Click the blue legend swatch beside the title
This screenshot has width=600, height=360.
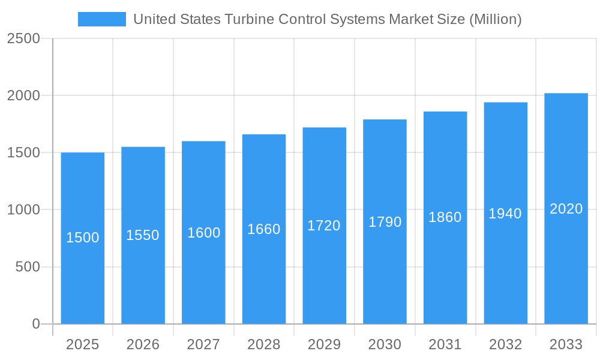[101, 19]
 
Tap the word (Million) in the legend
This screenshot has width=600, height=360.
[495, 19]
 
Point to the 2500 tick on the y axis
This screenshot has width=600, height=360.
[23, 39]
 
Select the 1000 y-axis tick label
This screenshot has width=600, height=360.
[23, 210]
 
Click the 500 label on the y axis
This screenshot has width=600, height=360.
[28, 267]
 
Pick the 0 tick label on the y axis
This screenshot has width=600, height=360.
[35, 324]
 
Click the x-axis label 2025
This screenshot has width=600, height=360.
[82, 344]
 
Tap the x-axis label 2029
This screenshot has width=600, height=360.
[324, 344]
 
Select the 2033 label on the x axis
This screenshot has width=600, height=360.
[566, 344]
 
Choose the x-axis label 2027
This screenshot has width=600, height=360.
[203, 344]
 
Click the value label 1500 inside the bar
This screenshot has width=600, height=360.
[82, 238]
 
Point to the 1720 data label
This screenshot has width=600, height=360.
[324, 226]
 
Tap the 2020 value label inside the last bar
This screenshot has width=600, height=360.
[566, 209]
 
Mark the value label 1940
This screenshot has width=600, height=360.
[505, 214]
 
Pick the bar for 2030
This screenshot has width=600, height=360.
[385, 270]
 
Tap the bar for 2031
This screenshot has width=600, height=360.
[445, 270]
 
